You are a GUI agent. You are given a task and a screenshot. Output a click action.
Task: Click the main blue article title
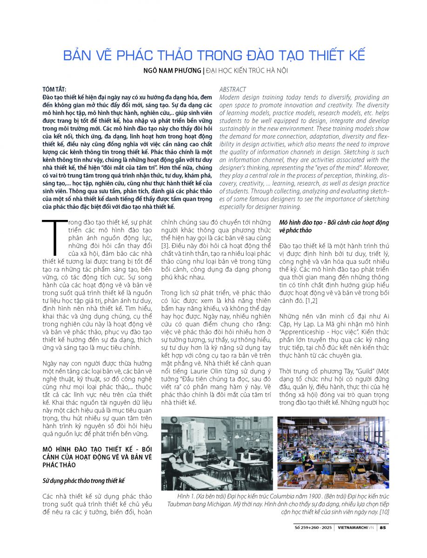coord(213,55)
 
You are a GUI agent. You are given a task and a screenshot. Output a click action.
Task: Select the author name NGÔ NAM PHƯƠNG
coord(169,71)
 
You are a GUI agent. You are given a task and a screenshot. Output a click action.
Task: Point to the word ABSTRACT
coord(233,89)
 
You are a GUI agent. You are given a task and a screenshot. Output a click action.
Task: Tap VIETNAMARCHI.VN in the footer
coord(356,528)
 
